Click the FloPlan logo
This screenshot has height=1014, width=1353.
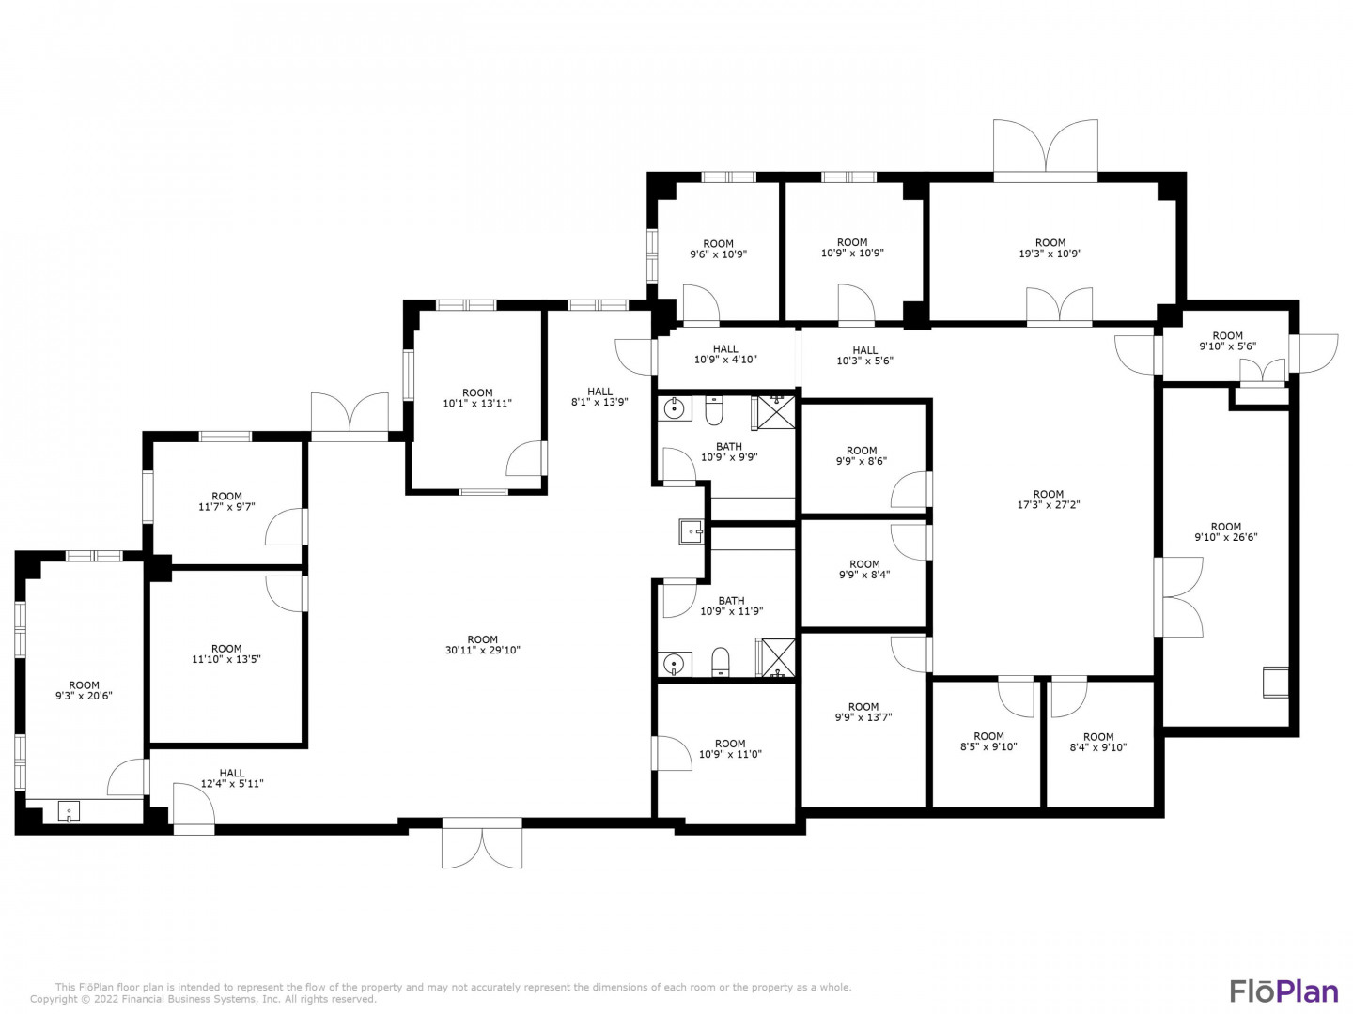coord(1283,991)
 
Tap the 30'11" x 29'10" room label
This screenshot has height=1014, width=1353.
coord(482,645)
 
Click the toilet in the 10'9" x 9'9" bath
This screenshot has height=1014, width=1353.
coord(713,409)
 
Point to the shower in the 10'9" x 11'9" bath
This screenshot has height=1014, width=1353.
coord(777,658)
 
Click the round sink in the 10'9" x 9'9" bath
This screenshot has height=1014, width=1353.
coord(675,407)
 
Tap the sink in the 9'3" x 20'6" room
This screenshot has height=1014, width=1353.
coord(69,811)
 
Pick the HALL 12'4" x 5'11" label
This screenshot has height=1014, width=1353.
coord(232,778)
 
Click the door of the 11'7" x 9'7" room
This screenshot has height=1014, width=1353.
coord(286,527)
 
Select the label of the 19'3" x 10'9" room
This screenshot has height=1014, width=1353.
coord(1050,248)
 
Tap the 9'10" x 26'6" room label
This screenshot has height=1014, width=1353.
coord(1225,531)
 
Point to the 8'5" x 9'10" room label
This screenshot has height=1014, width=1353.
coord(988,742)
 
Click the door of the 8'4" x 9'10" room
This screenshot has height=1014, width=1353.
coord(1069,697)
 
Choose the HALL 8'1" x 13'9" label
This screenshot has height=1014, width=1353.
coord(599,396)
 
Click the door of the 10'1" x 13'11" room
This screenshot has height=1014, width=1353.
coord(526,458)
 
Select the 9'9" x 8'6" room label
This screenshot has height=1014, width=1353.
coord(861,455)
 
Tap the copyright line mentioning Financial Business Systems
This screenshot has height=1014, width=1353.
coord(203,999)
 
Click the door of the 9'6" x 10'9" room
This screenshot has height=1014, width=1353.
coord(701,304)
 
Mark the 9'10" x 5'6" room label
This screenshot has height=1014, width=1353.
coord(1227,341)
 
